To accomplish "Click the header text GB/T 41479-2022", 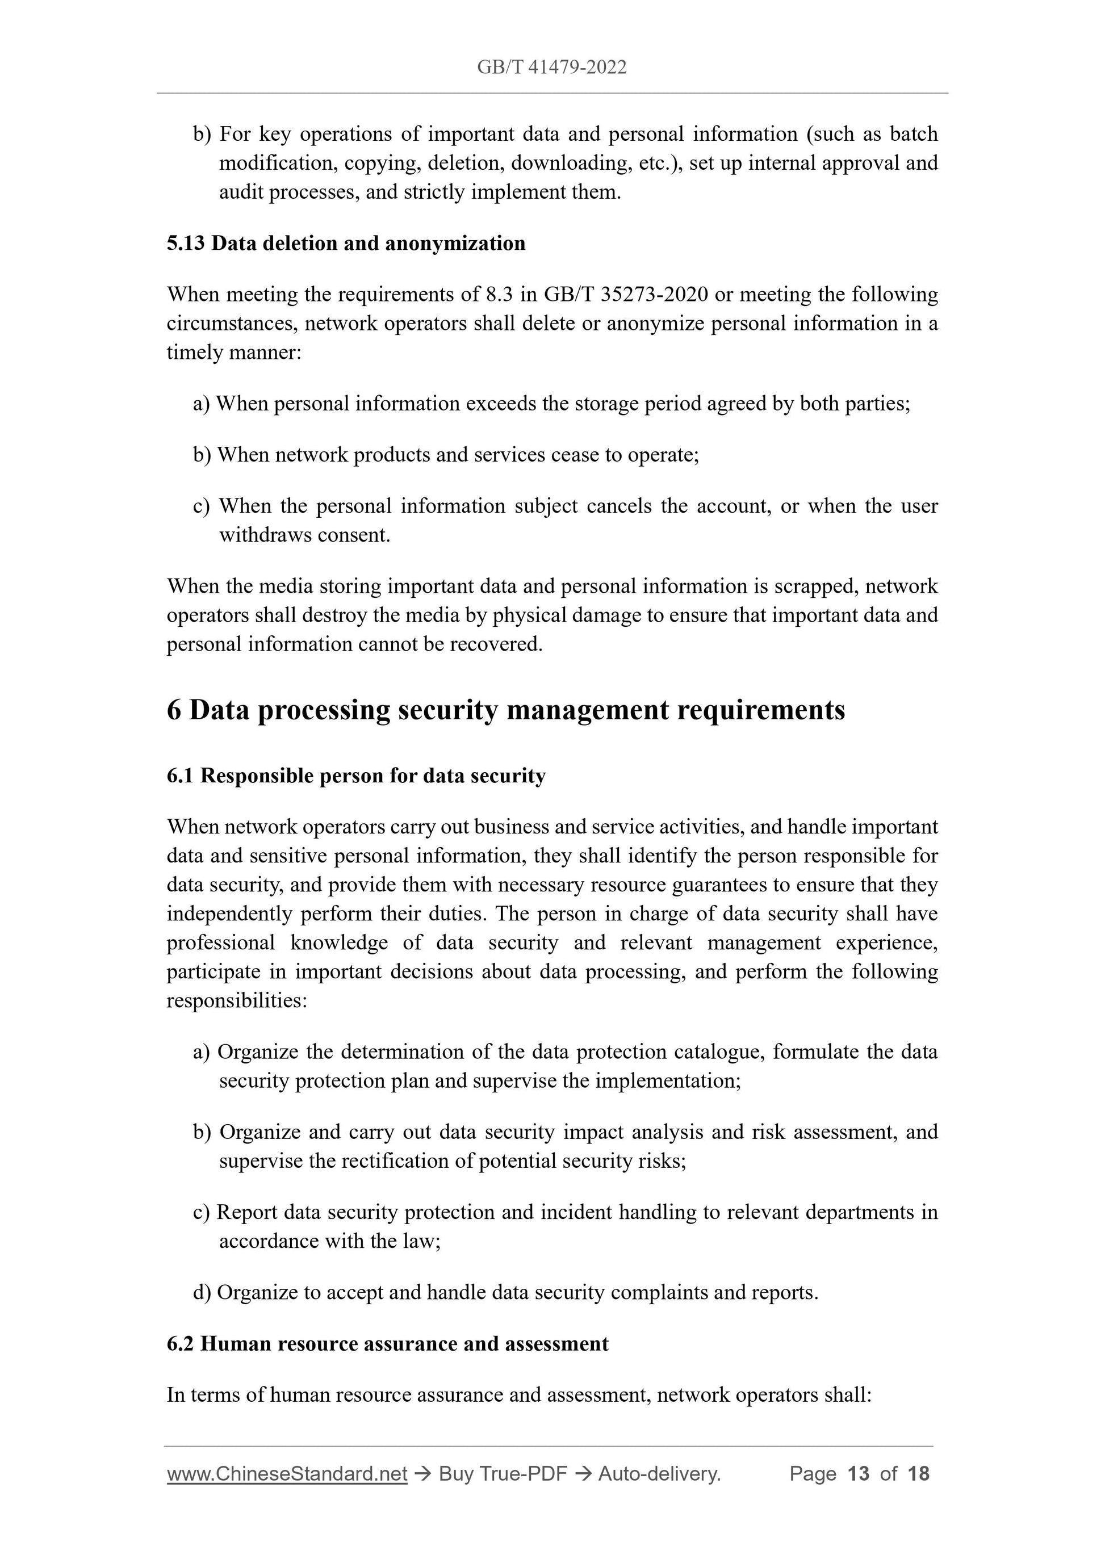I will (551, 67).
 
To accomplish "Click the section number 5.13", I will (185, 243).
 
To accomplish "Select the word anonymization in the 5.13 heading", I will (455, 243).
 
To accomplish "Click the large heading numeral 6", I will (174, 710).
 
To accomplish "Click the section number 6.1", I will (180, 776).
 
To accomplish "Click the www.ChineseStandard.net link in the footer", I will (287, 1473).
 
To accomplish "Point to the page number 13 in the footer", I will (859, 1473).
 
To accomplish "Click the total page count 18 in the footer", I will (918, 1473).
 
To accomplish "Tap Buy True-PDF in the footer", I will (503, 1473).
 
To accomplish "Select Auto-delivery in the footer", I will (659, 1473).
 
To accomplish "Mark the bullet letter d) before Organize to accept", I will (202, 1292).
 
